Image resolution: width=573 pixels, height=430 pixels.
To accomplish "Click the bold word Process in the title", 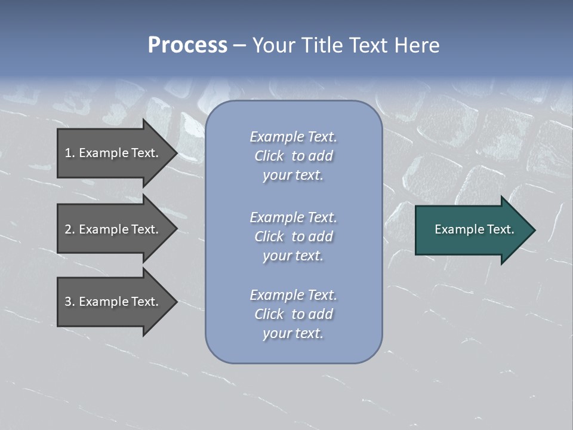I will [187, 45].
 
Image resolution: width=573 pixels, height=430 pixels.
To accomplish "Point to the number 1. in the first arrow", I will [70, 153].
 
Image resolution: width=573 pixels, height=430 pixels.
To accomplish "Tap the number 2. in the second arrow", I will [70, 229].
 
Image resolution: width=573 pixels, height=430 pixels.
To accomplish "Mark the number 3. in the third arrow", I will [70, 302].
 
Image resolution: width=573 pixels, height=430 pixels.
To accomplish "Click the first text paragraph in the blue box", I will [293, 156].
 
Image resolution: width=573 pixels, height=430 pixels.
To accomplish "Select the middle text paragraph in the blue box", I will [293, 236].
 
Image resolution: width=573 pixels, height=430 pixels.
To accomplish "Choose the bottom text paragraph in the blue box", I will [293, 314].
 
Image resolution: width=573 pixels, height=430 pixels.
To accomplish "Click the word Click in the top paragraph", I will [269, 156].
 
